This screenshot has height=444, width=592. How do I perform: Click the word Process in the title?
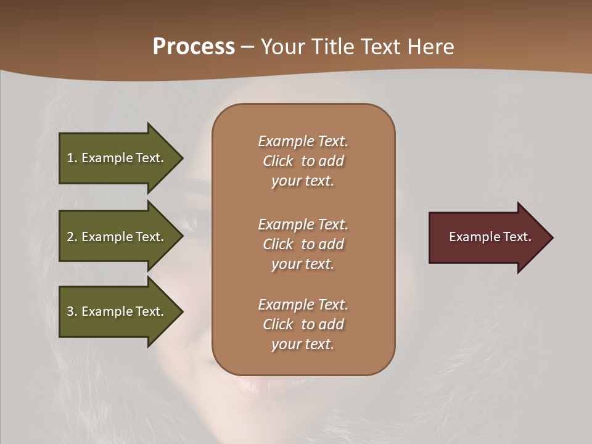pos(194,47)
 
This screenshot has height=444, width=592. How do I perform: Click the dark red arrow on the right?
pos(487,237)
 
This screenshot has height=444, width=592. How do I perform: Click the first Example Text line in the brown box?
pos(303,141)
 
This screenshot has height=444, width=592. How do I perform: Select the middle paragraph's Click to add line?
pos(303,244)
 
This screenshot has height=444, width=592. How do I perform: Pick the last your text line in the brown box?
pos(303,344)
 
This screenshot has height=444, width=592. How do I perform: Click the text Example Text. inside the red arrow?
pos(490,237)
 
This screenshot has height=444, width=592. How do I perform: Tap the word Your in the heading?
pos(282,47)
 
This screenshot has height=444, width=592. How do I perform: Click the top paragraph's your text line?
pos(303,181)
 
